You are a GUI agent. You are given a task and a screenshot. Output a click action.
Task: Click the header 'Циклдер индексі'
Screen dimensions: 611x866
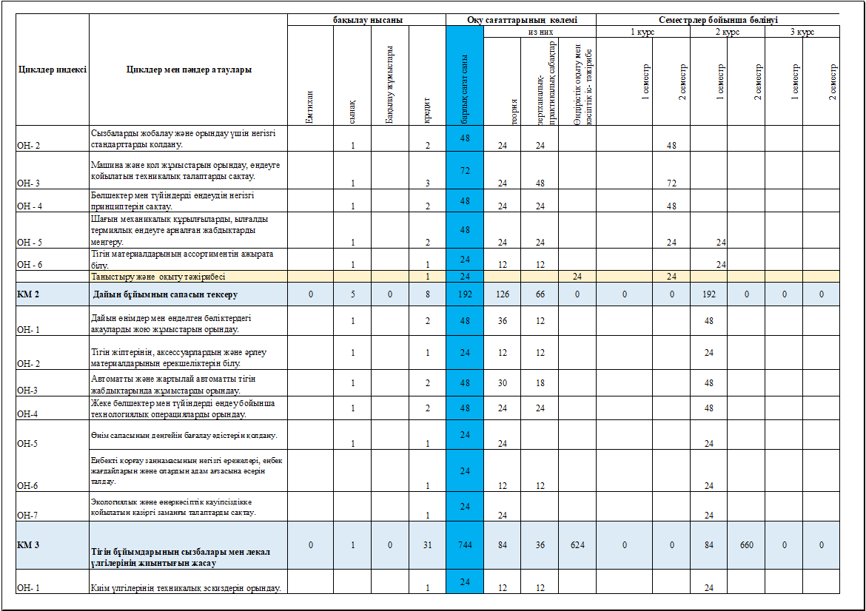coord(52,70)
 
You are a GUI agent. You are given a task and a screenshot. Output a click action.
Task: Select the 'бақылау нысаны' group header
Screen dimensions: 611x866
coord(367,20)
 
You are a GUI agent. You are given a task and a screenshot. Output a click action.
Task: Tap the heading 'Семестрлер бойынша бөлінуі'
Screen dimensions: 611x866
coord(717,20)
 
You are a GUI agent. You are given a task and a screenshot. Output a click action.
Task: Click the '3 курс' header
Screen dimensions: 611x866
coord(802,33)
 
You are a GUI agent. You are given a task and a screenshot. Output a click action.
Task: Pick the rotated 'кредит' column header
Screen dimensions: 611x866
coord(428,107)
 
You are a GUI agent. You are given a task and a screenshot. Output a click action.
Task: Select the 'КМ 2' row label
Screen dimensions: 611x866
coord(28,294)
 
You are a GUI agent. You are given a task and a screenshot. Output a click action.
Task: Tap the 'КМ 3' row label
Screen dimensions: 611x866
coord(28,545)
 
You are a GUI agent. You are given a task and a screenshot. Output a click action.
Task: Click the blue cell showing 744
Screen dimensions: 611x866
coord(465,545)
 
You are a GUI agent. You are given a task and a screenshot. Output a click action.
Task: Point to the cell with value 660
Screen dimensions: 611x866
coord(746,545)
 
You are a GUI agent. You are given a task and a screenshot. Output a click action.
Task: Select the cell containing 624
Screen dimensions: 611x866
coord(577,545)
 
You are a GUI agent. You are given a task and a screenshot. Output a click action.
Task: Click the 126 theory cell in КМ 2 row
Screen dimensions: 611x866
coord(503,294)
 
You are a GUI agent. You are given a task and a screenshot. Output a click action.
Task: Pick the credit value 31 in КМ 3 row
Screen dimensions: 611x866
coord(428,545)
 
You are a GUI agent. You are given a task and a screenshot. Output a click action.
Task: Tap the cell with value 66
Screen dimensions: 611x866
coord(540,294)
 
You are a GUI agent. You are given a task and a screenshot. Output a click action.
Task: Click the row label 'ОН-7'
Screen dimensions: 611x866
coord(27,515)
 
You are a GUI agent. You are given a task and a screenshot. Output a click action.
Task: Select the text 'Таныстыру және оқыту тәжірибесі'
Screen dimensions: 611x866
coord(158,277)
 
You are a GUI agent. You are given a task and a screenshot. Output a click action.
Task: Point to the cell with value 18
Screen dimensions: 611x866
coord(540,382)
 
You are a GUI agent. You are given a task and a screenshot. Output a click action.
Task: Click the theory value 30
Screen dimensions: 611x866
coord(503,382)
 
